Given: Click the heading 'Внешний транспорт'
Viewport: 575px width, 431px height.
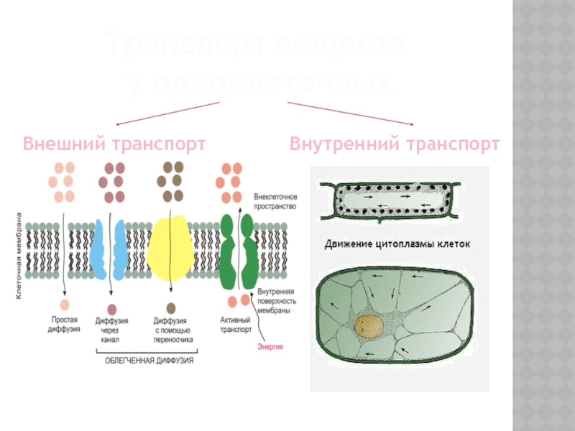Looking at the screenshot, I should coord(115,144).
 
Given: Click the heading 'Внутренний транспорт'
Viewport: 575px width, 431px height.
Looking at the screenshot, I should coord(395,144).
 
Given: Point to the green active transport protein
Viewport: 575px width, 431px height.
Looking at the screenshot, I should coord(236,251).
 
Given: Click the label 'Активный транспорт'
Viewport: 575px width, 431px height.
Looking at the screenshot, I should coord(235,325).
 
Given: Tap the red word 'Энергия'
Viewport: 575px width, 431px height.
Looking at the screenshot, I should coord(270,347).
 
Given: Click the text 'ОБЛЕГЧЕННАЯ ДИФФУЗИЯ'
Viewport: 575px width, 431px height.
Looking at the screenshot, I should coord(147,361).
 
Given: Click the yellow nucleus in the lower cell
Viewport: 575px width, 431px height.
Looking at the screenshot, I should coord(370,326).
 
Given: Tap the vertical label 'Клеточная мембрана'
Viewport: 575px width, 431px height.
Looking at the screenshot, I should coord(19,254).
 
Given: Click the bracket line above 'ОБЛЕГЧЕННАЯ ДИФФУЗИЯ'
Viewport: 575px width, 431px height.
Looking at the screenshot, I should coord(147,352).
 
